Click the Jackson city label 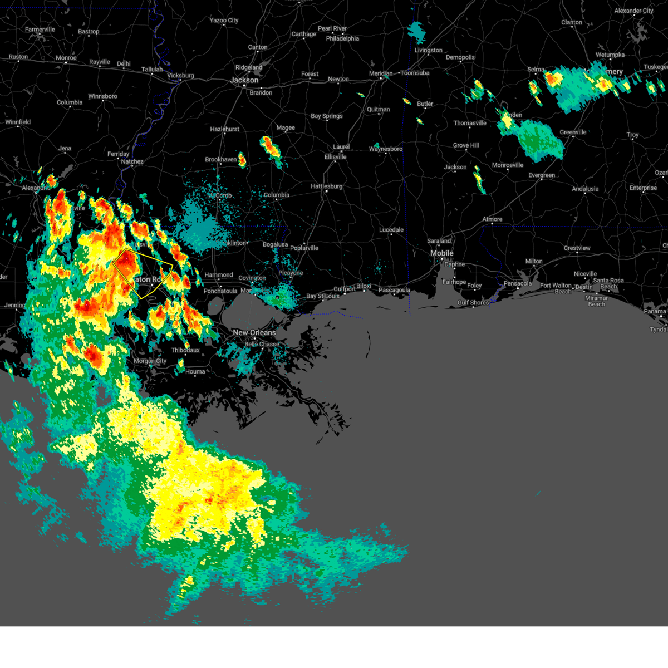click(x=244, y=80)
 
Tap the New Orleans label click(x=254, y=332)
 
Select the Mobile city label click(x=442, y=253)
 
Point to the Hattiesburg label click(x=327, y=186)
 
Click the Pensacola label click(x=518, y=284)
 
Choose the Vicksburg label click(x=180, y=76)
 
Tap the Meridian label click(x=381, y=73)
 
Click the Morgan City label click(x=150, y=361)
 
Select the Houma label click(x=195, y=371)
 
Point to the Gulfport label click(x=344, y=289)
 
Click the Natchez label click(x=132, y=162)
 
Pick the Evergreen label click(x=542, y=175)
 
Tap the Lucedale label click(x=391, y=230)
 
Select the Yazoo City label click(x=224, y=21)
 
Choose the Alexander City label click(x=633, y=11)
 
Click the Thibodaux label click(x=185, y=350)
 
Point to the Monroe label click(x=66, y=58)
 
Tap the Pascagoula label click(x=394, y=290)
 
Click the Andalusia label click(x=585, y=189)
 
